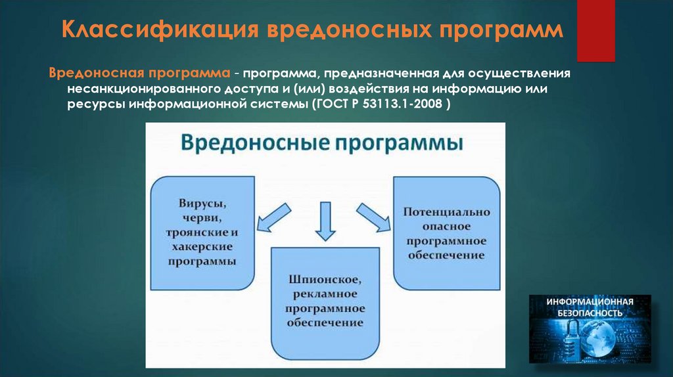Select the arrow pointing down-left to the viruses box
coord(272,217)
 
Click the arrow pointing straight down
coord(325,221)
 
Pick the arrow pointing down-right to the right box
coord(372,217)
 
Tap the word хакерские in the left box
coord(202,248)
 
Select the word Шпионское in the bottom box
coord(325,278)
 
